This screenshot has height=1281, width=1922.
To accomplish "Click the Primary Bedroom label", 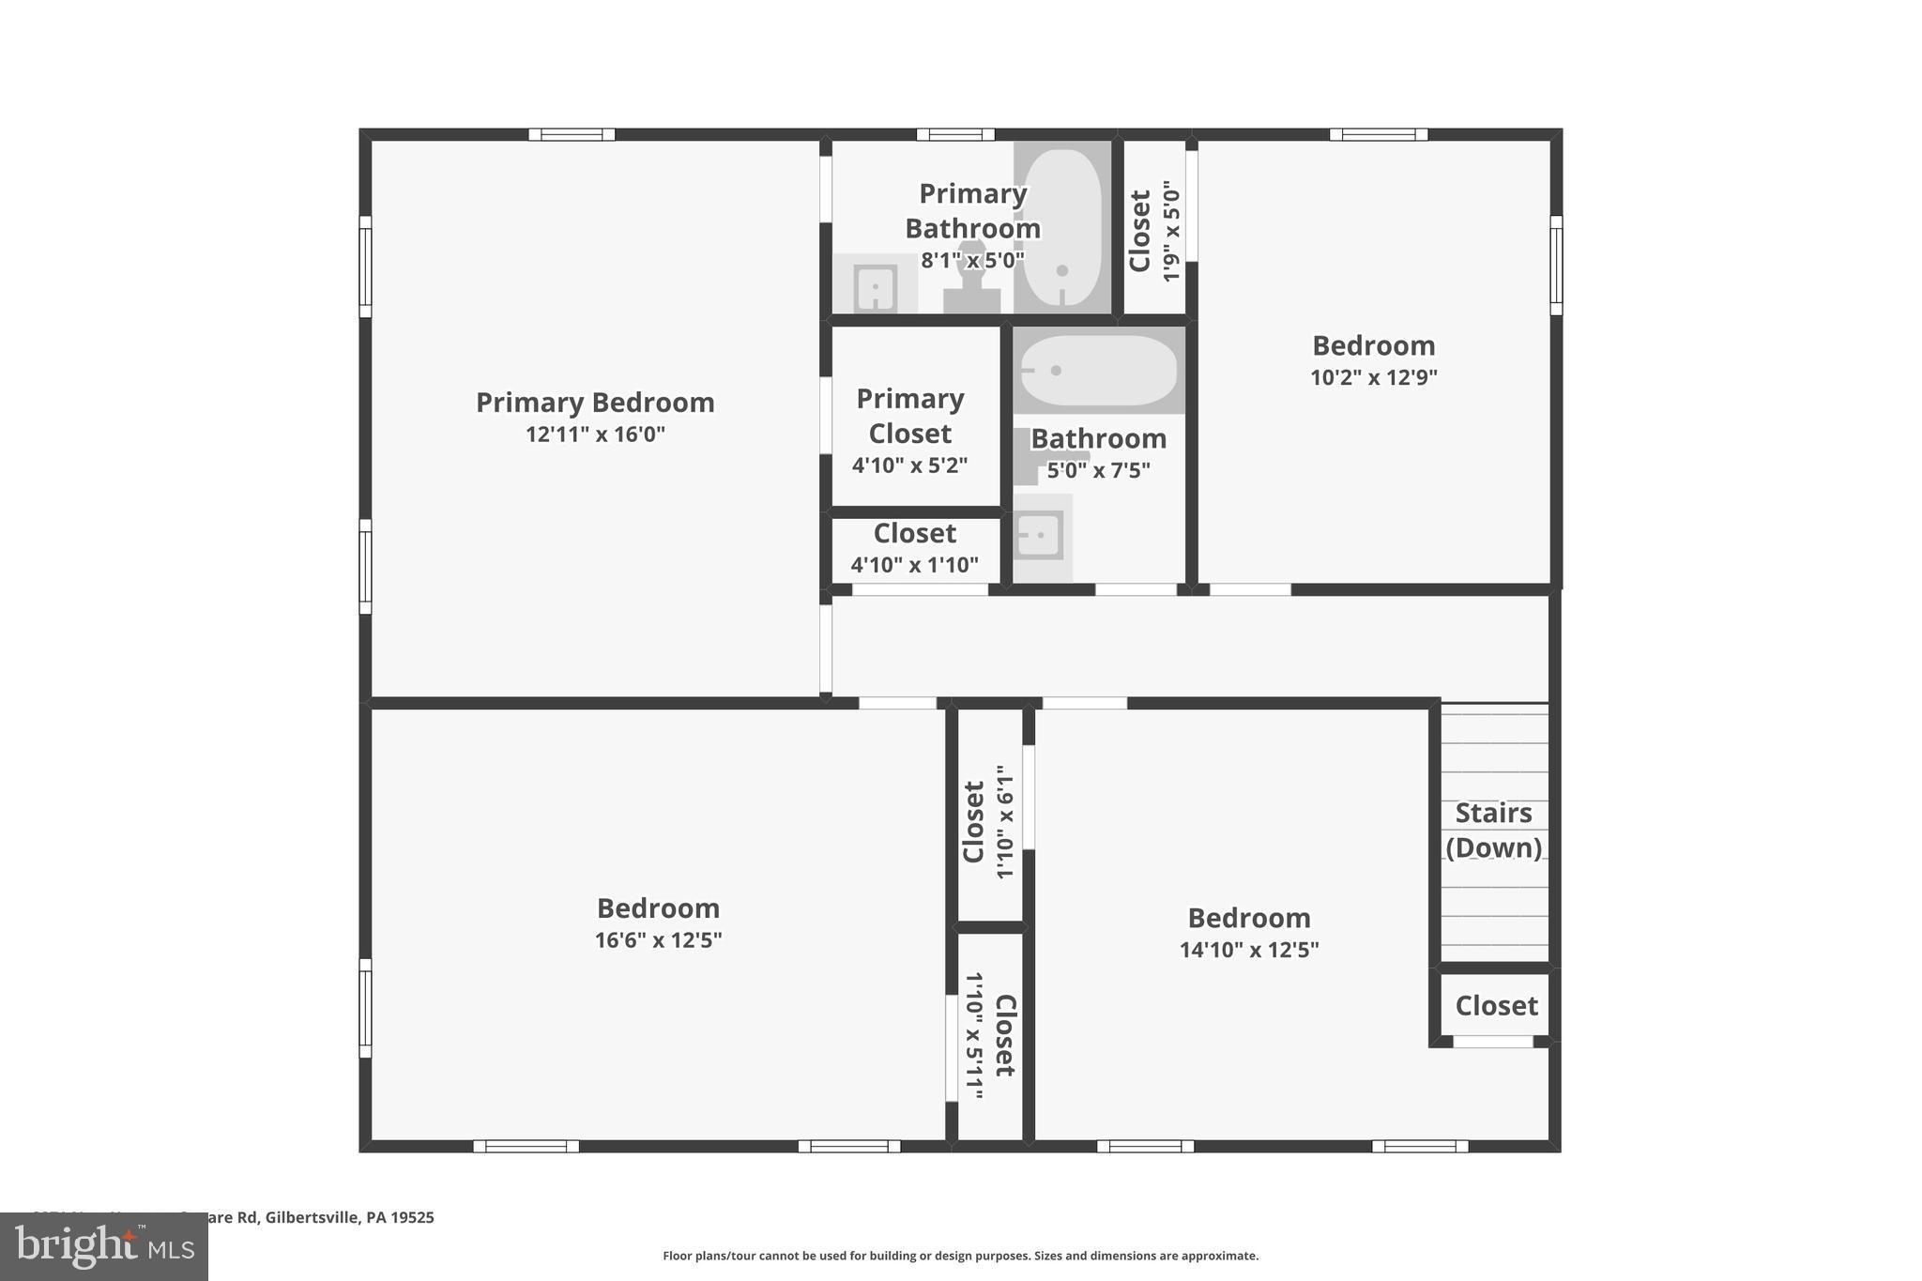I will (x=595, y=403).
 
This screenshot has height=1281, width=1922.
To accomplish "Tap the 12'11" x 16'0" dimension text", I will (x=595, y=435).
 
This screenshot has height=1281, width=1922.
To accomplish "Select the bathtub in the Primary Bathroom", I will (x=1061, y=228).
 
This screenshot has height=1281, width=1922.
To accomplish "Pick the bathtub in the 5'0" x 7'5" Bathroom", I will (x=1098, y=371).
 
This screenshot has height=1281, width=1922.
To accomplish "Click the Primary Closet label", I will (x=910, y=416).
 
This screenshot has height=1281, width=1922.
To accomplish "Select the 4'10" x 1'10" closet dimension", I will (x=914, y=565).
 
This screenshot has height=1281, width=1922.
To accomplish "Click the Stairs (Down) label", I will (x=1493, y=830).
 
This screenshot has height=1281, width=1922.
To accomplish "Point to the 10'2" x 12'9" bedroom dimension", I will (x=1373, y=377).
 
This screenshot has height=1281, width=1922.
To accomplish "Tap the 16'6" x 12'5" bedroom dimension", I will (x=658, y=940).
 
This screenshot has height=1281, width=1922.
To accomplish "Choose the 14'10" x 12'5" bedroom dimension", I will (x=1248, y=950).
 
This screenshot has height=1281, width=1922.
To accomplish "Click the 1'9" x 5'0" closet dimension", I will (x=1170, y=231).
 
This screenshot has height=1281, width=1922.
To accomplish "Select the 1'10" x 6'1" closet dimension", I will (x=1005, y=822).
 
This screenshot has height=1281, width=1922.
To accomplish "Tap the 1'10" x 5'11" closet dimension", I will (x=974, y=1035).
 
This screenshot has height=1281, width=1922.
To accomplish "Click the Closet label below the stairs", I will (x=1496, y=1006).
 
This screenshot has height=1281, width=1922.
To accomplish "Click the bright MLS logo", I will (x=104, y=1246).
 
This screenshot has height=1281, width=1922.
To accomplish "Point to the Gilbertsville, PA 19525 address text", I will (x=349, y=1217).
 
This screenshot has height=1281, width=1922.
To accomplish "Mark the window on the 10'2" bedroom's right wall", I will (x=1555, y=266).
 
